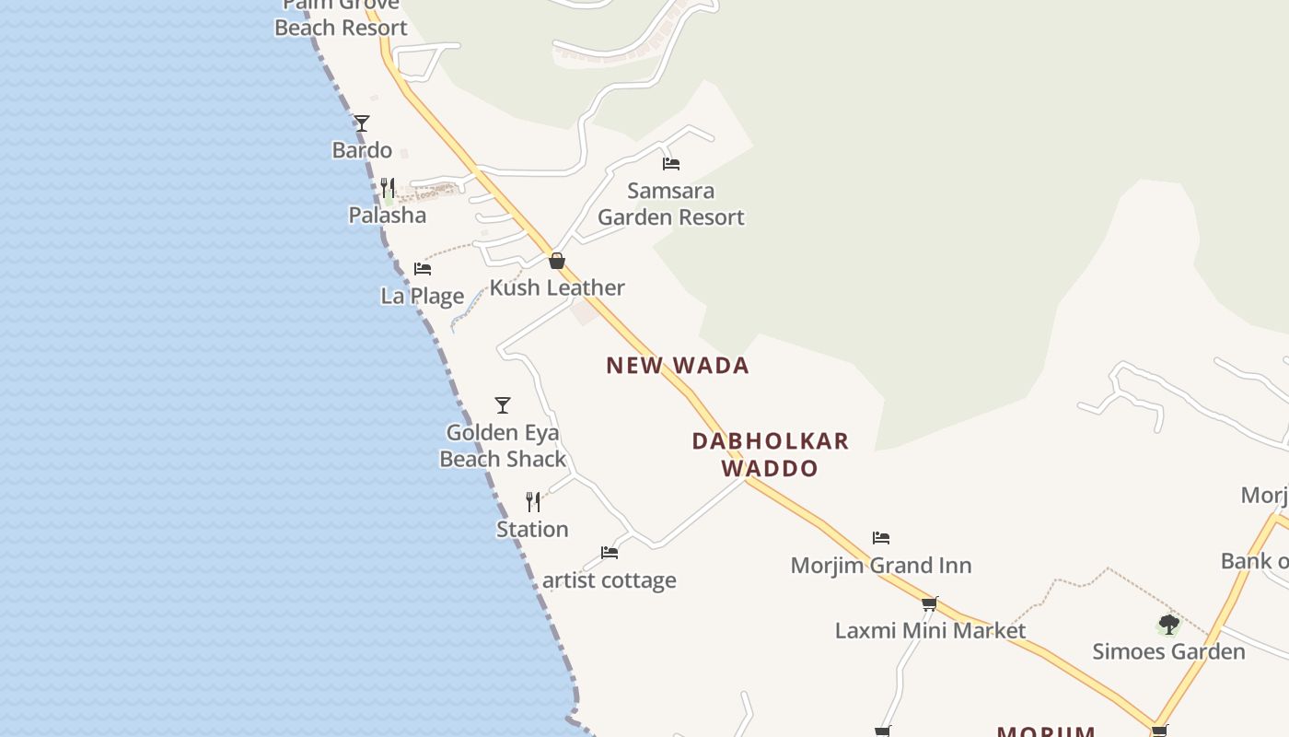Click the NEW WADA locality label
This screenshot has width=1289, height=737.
(678, 366)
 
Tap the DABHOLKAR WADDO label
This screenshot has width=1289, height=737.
(771, 454)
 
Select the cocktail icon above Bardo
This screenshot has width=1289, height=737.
(362, 123)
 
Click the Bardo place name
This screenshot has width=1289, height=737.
(362, 150)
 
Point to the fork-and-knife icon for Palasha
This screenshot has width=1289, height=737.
(388, 188)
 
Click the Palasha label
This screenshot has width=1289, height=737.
(387, 216)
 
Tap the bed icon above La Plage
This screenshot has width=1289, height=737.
(423, 269)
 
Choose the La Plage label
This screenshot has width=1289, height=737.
(423, 297)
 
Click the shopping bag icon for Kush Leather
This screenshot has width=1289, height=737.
(557, 261)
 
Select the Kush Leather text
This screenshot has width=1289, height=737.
(557, 288)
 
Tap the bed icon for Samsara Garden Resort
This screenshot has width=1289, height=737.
(671, 164)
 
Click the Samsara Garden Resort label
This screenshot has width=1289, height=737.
(671, 204)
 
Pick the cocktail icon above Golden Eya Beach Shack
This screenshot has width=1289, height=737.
(503, 405)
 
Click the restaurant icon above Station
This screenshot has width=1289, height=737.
(533, 502)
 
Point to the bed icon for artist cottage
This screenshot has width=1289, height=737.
(610, 553)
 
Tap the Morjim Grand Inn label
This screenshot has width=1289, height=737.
(881, 566)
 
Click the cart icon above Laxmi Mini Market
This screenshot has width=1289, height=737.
(930, 604)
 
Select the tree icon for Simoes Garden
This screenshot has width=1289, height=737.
(1168, 625)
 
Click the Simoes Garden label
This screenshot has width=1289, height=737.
(1168, 652)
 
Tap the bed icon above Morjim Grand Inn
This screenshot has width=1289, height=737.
(881, 538)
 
